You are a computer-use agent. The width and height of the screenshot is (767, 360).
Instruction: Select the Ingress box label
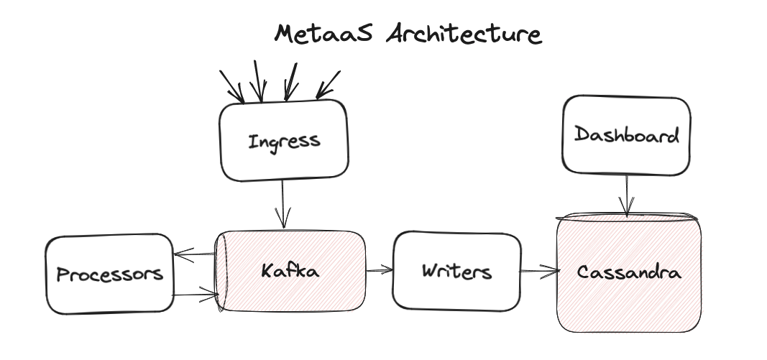pos(284,141)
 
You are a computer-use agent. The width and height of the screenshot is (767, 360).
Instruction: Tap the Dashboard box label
pos(627,135)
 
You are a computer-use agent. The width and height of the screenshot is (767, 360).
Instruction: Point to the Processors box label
pos(110,274)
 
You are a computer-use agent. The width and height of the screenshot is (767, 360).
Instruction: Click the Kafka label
pos(290,271)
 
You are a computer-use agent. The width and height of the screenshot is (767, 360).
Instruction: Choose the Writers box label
pos(456,272)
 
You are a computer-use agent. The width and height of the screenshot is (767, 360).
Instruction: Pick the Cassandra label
pos(629,273)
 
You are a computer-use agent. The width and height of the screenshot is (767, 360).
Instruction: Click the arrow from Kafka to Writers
pos(379,270)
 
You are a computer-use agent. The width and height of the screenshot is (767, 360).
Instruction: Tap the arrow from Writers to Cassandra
pos(539,271)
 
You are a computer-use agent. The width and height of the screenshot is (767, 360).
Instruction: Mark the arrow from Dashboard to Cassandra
pos(628,194)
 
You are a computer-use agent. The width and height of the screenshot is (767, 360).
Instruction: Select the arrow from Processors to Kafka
pos(196,294)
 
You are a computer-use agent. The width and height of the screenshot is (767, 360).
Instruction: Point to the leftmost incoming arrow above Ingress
pos(232,85)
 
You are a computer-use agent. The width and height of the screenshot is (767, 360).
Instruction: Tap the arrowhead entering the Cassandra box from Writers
pos(554,271)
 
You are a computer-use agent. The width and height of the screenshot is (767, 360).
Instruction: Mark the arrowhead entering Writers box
pos(389,270)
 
